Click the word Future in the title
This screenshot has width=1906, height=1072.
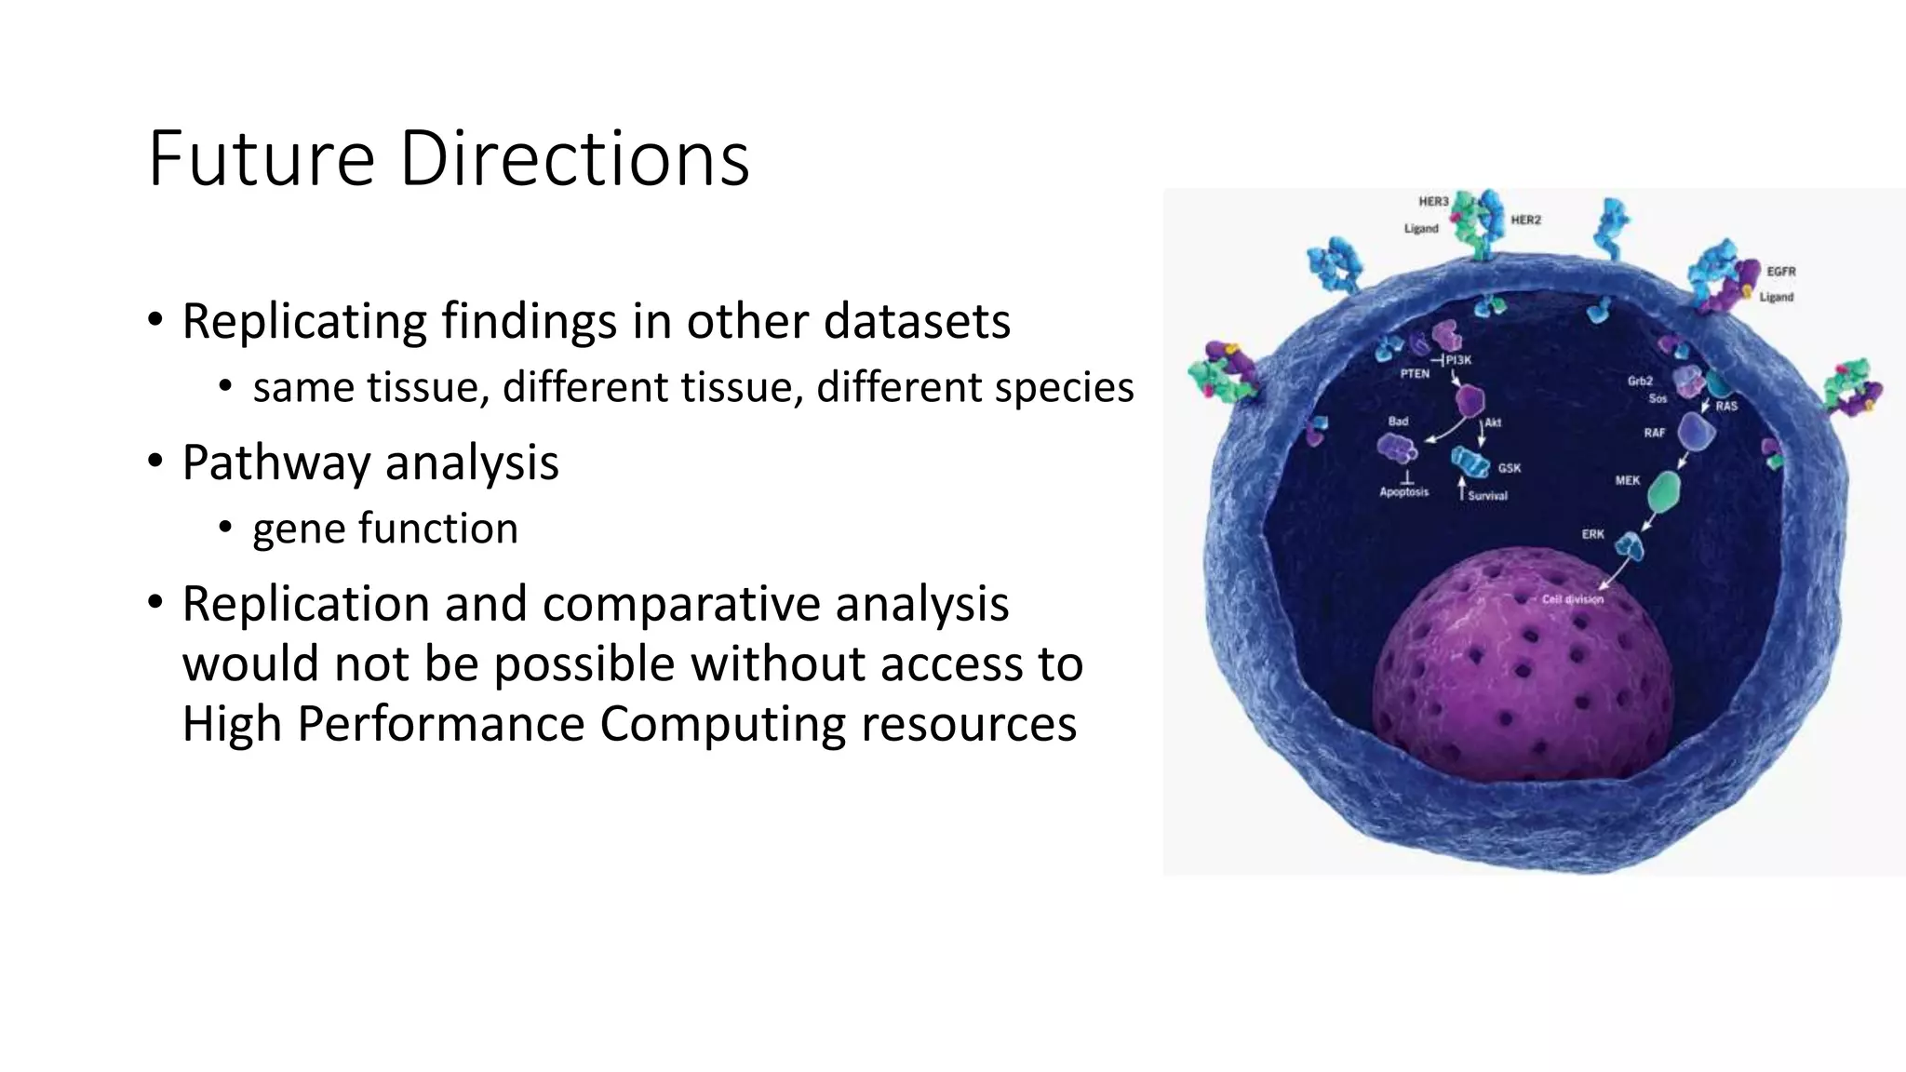[x=262, y=159]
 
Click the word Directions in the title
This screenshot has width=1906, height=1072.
[x=574, y=159]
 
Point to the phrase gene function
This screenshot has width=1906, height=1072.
[x=384, y=529]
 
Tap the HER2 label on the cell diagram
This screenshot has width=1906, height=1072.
[x=1525, y=221]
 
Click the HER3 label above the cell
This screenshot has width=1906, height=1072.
[x=1433, y=202]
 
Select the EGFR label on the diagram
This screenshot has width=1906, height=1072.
[x=1780, y=272]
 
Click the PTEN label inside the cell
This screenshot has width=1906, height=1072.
[x=1415, y=374]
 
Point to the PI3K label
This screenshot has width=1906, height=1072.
[x=1458, y=360]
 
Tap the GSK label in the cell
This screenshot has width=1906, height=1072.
[x=1509, y=468]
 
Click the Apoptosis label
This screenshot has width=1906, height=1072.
[x=1403, y=492]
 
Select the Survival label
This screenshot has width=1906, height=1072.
[x=1487, y=496]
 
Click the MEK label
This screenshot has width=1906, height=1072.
[x=1627, y=481]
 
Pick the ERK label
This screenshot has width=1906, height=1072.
[x=1592, y=535]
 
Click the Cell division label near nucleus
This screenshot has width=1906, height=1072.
[x=1572, y=599]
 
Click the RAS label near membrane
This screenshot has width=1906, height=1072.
[x=1726, y=407]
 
